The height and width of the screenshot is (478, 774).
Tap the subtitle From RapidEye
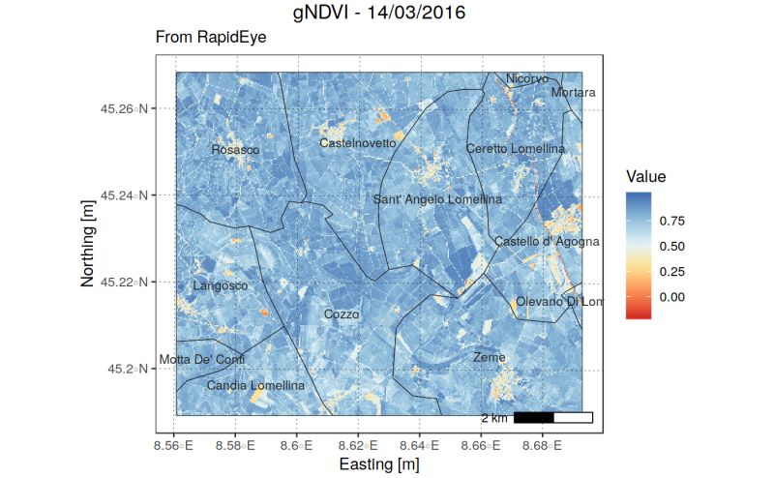[210, 38]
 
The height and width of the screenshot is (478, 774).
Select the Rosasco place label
[235, 150]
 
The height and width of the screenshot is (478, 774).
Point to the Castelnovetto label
[358, 143]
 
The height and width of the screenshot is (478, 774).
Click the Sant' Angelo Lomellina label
[437, 199]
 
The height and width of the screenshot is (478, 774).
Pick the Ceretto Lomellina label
[515, 149]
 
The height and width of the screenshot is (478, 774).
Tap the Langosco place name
[221, 285]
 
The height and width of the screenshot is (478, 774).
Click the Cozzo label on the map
[342, 314]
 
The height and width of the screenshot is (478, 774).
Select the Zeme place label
[489, 357]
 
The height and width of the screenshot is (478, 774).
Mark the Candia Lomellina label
[255, 385]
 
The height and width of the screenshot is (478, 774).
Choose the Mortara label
[573, 93]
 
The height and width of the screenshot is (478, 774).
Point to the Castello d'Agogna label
[547, 241]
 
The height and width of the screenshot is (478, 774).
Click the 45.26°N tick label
[124, 108]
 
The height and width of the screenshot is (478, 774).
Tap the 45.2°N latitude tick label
[128, 369]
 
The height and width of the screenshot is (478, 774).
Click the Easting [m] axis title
[378, 465]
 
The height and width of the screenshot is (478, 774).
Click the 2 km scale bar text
[493, 418]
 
